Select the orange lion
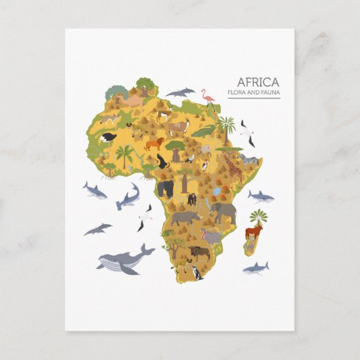coord(154,144)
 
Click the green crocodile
coord(204,131)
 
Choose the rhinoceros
coord(184,218)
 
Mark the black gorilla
coord(165,188)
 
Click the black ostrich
coord(162,163)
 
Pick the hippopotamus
coord(211,237)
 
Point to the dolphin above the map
coord(180,92)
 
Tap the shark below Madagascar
coord(256,268)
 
